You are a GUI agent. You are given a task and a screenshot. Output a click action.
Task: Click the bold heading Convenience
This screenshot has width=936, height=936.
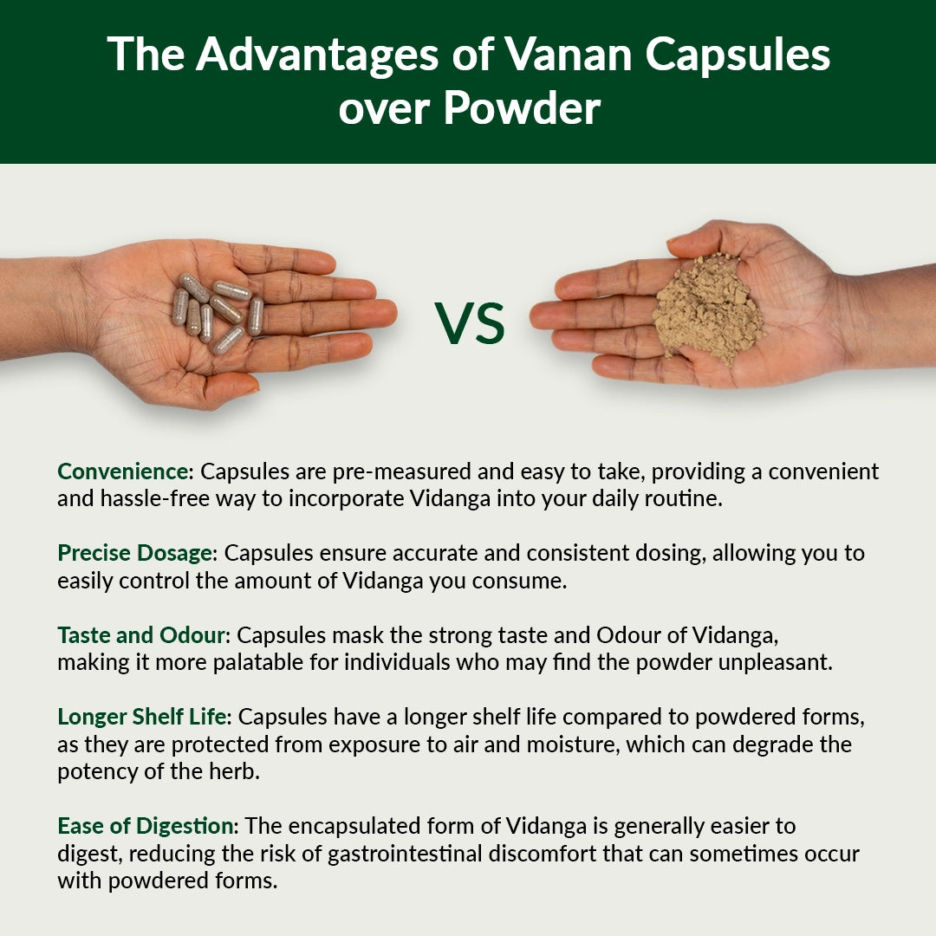[x=123, y=471]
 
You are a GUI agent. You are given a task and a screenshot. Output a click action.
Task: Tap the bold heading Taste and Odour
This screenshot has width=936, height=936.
[x=141, y=634]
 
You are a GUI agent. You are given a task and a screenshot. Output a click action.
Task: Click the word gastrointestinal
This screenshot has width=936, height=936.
[x=413, y=854]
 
